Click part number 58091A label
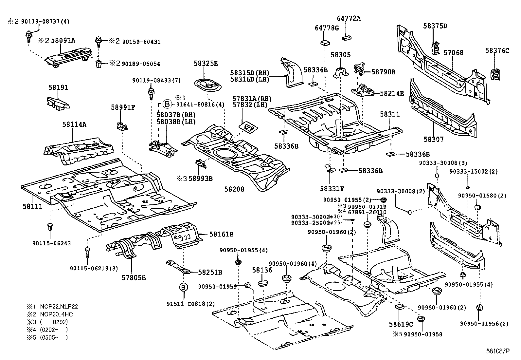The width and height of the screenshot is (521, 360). tap(63, 40)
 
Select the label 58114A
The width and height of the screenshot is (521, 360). tap(74, 124)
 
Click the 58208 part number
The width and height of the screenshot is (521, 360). tap(234, 189)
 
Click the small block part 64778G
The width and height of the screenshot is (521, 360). tap(324, 42)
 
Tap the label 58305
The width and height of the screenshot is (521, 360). tap(340, 55)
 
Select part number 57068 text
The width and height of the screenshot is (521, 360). tap(453, 52)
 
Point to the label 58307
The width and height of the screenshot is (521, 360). tap(434, 139)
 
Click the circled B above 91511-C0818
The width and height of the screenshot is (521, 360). tap(184, 287)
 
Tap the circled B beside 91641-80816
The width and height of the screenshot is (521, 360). tap(167, 104)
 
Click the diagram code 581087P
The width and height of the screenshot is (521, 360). tap(498, 351)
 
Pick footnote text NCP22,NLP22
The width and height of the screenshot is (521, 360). tap(59, 307)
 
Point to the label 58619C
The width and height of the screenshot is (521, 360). tap(401, 324)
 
